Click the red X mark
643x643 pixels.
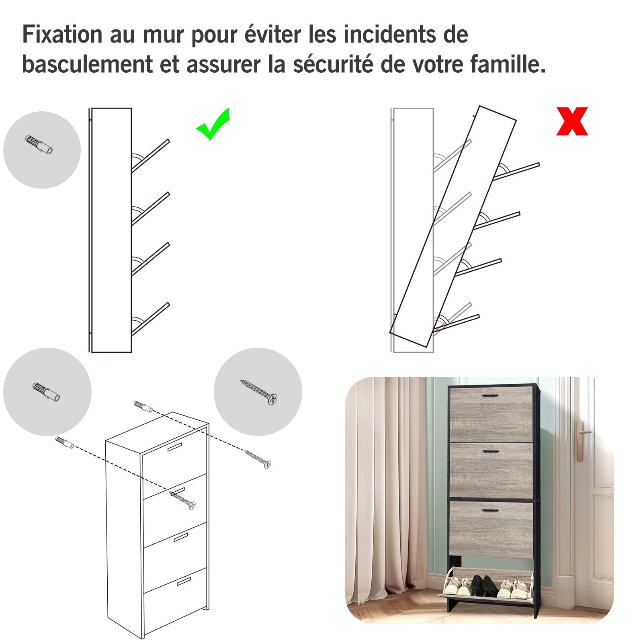(x=572, y=121)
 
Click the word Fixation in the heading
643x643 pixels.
(x=62, y=34)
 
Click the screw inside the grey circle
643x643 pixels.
(x=259, y=391)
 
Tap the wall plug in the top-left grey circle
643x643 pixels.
(x=39, y=145)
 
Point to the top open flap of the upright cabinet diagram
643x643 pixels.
(x=150, y=156)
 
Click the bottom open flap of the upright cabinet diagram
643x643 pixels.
(x=150, y=319)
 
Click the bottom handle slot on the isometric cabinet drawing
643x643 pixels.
(x=184, y=581)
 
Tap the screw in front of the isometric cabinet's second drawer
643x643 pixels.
(x=182, y=500)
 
